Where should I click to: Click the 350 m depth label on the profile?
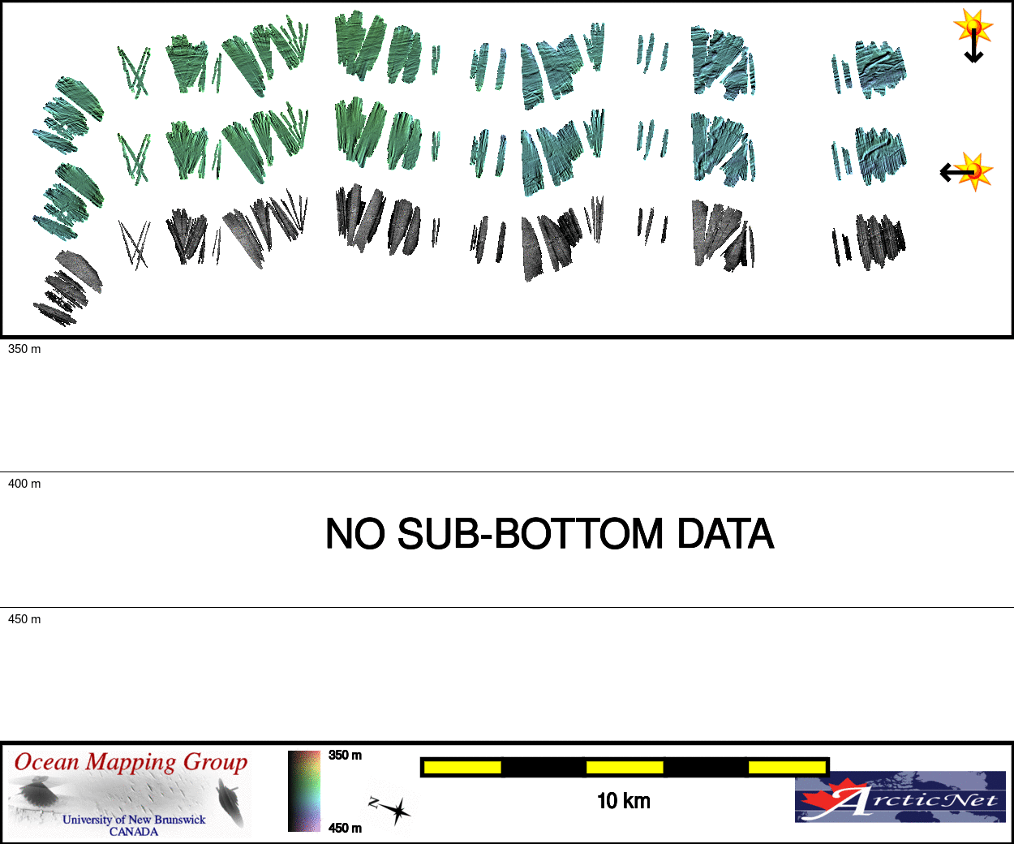[24, 349]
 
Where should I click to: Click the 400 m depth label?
[24, 484]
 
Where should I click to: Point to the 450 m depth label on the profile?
[24, 619]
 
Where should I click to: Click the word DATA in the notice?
[725, 534]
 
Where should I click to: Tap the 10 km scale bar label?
[624, 801]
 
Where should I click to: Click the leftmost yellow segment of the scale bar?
[462, 767]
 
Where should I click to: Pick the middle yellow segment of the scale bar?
[625, 767]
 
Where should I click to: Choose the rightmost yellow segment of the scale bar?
[786, 767]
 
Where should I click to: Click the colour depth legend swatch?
[304, 791]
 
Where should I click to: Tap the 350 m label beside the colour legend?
[346, 756]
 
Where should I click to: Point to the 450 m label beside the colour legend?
[346, 828]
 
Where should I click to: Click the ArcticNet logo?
[900, 798]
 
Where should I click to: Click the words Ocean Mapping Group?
[131, 763]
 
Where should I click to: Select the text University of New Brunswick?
[134, 820]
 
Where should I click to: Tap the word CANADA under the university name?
[134, 832]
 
